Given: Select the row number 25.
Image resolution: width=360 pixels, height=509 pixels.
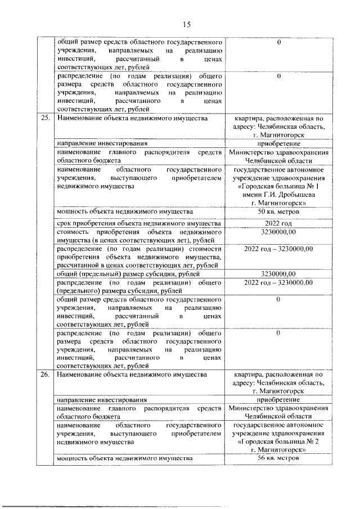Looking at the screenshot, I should (46, 118).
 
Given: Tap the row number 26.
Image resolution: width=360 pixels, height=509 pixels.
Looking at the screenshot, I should (46, 374).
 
